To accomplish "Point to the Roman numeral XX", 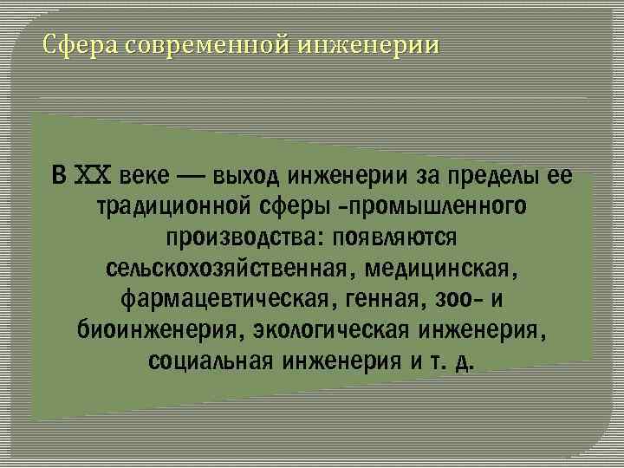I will pos(93,176).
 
